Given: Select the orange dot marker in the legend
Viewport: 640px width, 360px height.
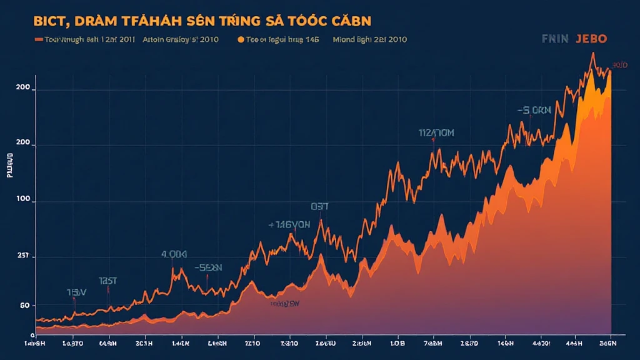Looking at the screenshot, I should click(x=241, y=39).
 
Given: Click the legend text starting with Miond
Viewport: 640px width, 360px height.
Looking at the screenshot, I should click(x=370, y=39).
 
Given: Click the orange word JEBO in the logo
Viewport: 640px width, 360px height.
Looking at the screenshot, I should click(x=591, y=38).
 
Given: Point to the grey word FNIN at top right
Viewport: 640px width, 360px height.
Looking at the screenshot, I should click(x=555, y=38).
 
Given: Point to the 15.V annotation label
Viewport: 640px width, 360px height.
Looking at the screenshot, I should click(x=76, y=292).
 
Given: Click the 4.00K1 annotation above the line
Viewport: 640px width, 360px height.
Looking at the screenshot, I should click(x=174, y=254).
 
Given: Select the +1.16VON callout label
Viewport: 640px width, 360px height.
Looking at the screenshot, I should click(x=289, y=225).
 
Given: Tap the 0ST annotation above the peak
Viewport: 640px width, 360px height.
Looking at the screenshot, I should click(x=319, y=206).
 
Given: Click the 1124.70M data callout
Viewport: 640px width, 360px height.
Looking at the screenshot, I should click(x=436, y=132).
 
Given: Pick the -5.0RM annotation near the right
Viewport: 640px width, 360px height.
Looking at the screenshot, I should click(x=534, y=111).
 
